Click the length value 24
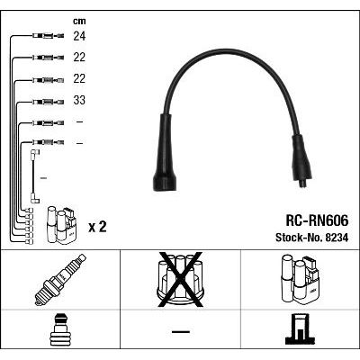79,36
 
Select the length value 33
79,100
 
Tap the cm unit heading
79,22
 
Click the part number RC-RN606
317,220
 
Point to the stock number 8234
337,238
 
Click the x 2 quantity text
97,227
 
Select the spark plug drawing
60,280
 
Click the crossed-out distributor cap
181,280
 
